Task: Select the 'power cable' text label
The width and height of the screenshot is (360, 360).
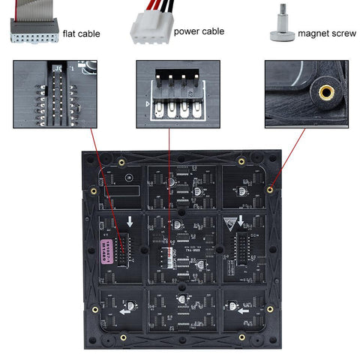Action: (x=199, y=32)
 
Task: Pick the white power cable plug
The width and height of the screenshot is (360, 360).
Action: (x=148, y=29)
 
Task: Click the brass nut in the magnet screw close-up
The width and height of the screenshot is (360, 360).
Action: (x=325, y=92)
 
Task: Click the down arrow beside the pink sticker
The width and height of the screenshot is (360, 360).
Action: (x=129, y=222)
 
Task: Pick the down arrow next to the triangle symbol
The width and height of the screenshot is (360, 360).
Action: (x=249, y=222)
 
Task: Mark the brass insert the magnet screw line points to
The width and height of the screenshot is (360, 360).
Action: (x=269, y=190)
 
